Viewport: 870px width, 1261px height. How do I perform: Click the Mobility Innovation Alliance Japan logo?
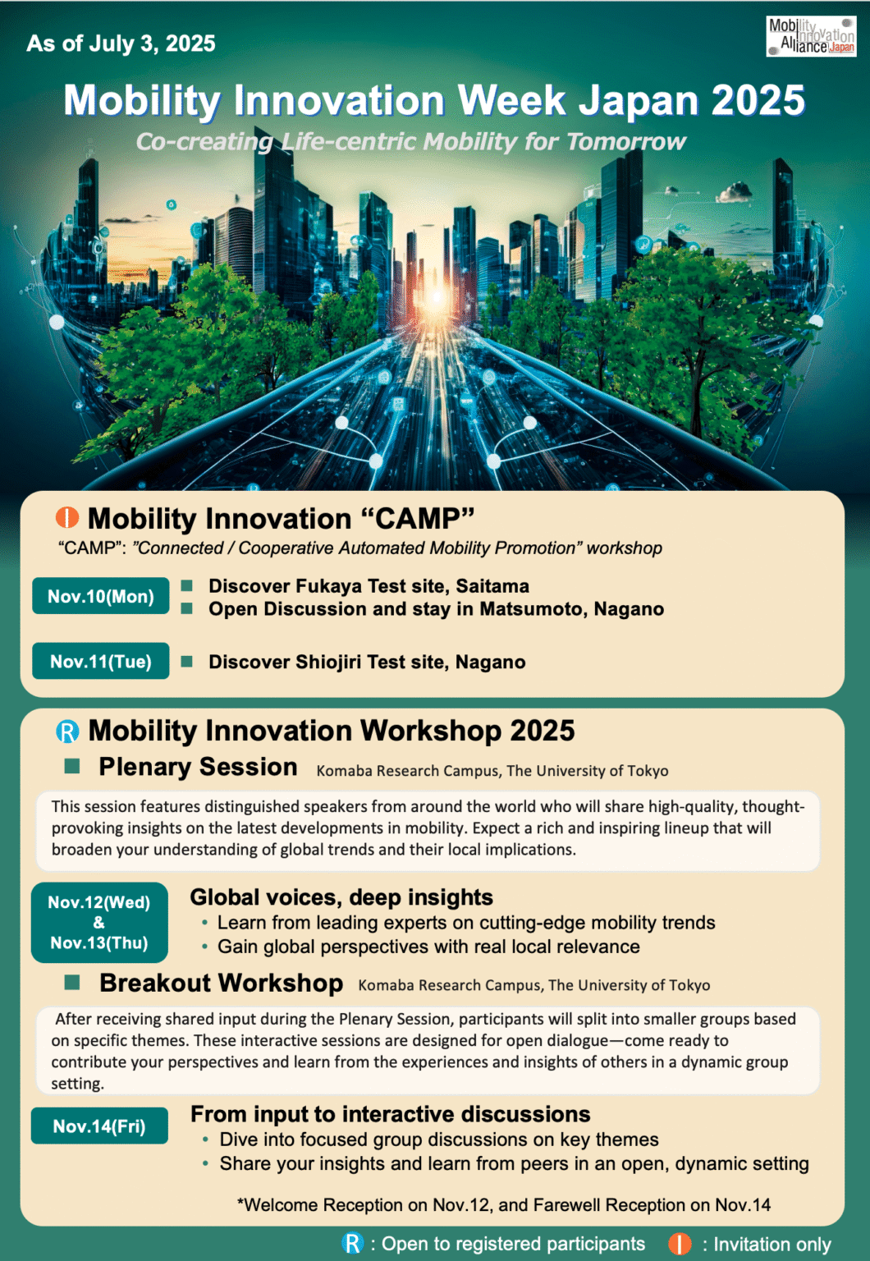point(811,36)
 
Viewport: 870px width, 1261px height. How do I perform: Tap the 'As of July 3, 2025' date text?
point(121,44)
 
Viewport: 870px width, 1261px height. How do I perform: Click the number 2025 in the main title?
point(758,101)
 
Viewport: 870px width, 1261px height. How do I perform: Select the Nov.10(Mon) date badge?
point(101,596)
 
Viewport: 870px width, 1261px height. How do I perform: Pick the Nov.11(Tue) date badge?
point(101,662)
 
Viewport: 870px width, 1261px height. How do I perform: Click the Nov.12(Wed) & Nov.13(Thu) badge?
point(99,922)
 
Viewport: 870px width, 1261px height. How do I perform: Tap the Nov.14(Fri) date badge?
point(99,1126)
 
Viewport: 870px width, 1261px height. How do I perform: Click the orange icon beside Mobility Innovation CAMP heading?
point(67,518)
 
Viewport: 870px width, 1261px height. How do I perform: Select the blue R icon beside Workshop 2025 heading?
point(67,731)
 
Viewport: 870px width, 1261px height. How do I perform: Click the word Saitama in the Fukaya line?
point(492,586)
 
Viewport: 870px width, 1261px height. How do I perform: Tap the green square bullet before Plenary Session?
point(72,766)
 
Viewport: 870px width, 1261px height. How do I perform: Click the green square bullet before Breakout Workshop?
point(72,982)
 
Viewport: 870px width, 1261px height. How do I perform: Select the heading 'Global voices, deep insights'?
point(341,897)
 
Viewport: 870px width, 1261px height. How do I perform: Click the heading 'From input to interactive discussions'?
point(390,1114)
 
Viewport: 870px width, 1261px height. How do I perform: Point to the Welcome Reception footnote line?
point(503,1204)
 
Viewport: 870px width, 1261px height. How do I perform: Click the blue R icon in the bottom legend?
point(353,1243)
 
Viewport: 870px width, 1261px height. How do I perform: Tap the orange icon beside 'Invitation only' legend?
point(680,1244)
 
